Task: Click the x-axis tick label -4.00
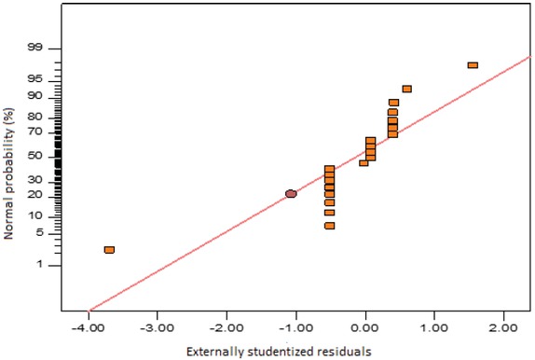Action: tap(89, 327)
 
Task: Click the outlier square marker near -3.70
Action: tap(109, 250)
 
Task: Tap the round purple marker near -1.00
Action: tap(291, 194)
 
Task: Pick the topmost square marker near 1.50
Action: tap(473, 65)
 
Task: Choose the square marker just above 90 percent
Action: tap(406, 89)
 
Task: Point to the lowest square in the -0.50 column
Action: tap(329, 226)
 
